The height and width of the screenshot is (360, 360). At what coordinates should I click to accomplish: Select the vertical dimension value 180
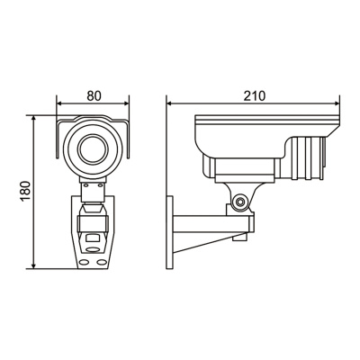(x=25, y=192)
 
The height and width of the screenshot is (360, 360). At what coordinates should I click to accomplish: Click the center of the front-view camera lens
(x=92, y=148)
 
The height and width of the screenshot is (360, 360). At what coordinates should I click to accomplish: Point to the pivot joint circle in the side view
(x=240, y=202)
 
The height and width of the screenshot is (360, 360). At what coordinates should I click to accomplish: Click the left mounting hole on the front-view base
(x=84, y=260)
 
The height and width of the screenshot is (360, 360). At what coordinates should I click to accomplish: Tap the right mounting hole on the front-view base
(x=102, y=260)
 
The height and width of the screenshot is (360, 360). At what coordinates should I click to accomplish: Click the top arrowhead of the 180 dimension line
(x=34, y=118)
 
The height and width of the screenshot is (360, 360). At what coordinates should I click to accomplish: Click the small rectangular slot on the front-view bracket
(x=93, y=240)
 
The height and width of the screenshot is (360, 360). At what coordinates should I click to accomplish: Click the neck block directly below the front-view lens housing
(x=92, y=188)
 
